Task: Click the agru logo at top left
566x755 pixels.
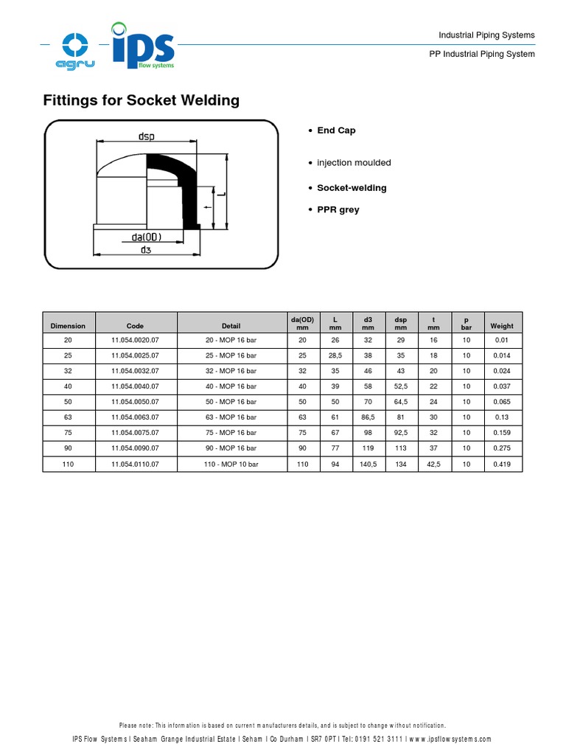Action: (75, 50)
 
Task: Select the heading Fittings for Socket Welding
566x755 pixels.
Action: (141, 100)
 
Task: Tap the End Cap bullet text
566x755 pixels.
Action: (336, 131)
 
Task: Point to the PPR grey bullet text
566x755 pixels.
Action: (338, 209)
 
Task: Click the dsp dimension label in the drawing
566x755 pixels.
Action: (146, 136)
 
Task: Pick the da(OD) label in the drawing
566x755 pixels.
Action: (147, 237)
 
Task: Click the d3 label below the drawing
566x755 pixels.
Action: (146, 250)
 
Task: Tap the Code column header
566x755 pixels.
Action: (135, 326)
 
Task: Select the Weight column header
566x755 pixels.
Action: (502, 326)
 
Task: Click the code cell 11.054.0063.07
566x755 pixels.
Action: (135, 417)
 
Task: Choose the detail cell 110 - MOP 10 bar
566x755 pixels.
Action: (231, 465)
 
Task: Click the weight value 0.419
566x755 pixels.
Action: (502, 465)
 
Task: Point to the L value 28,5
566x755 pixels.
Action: (335, 355)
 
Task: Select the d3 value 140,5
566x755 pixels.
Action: (368, 465)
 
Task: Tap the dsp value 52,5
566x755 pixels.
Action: (401, 386)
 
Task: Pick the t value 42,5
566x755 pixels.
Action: (433, 465)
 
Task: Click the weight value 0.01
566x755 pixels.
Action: (502, 340)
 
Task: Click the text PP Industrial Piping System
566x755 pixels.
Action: (482, 55)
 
